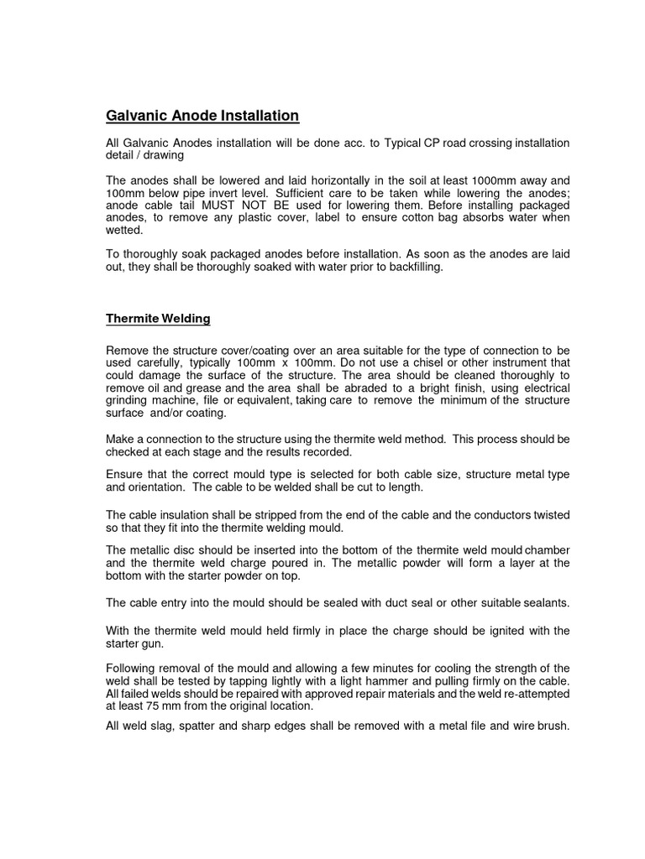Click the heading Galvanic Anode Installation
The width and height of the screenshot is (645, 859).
(x=202, y=115)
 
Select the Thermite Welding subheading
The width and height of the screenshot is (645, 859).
(x=158, y=319)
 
